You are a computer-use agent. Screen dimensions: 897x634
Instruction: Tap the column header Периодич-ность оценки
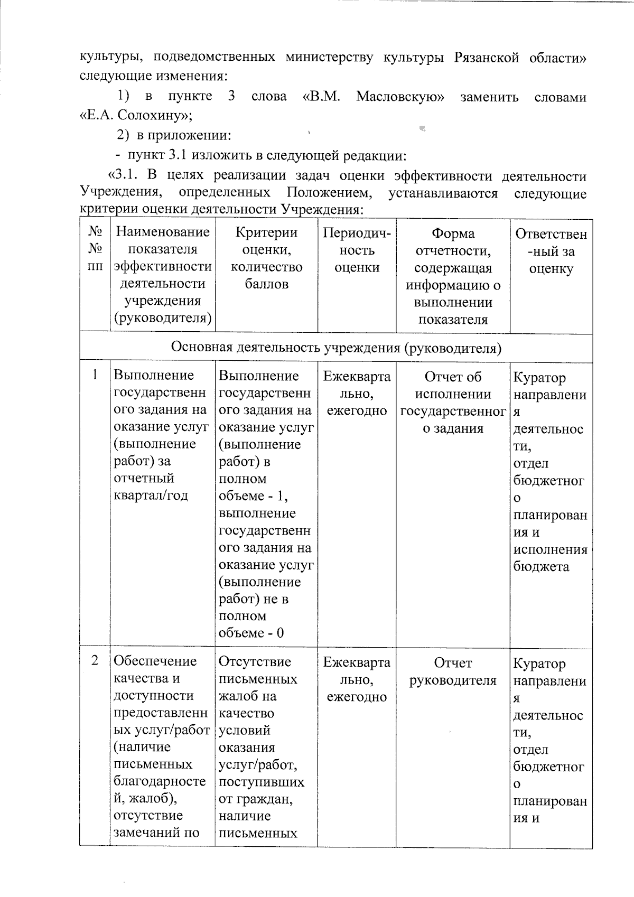pyautogui.click(x=357, y=250)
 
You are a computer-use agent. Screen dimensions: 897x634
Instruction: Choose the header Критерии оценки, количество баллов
pyautogui.click(x=266, y=258)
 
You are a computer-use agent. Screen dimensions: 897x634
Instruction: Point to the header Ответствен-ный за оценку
pyautogui.click(x=551, y=251)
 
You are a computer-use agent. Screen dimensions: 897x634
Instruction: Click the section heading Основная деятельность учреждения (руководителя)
pyautogui.click(x=336, y=348)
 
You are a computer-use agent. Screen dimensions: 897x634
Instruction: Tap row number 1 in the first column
pyautogui.click(x=95, y=375)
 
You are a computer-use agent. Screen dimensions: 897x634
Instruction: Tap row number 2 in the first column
pyautogui.click(x=95, y=660)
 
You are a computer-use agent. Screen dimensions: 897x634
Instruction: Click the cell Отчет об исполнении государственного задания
pyautogui.click(x=453, y=402)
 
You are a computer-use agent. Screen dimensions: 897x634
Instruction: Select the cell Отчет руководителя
pyautogui.click(x=453, y=671)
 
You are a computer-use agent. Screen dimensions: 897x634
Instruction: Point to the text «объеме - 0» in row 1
pyautogui.click(x=251, y=633)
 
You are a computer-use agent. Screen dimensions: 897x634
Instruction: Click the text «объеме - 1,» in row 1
pyautogui.click(x=253, y=496)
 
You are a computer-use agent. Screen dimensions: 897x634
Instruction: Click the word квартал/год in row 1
pyautogui.click(x=151, y=496)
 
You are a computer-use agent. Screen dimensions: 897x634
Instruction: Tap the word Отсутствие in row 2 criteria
pyautogui.click(x=255, y=661)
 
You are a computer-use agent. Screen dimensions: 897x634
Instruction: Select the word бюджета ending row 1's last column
pyautogui.click(x=541, y=567)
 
